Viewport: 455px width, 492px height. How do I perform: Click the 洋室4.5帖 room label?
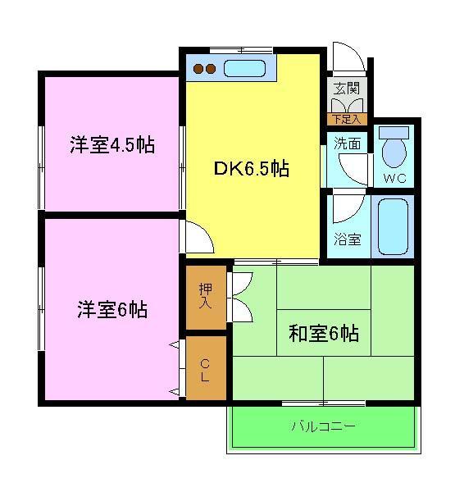coord(112,145)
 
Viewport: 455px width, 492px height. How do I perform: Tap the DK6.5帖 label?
coord(251,170)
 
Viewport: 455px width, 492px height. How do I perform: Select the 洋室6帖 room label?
coord(112,310)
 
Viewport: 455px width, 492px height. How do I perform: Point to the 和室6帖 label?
coord(324,334)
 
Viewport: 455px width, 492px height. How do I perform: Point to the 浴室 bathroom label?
coord(347,240)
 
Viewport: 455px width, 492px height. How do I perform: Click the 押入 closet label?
coord(205,295)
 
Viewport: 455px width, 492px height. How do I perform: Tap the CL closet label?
coord(205,368)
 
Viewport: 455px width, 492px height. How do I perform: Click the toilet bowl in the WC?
coord(394,152)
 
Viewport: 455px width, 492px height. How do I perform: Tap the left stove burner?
coord(199,70)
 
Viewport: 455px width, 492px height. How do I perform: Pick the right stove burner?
coord(212,70)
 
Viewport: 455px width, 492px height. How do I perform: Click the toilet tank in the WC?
coord(395,131)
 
